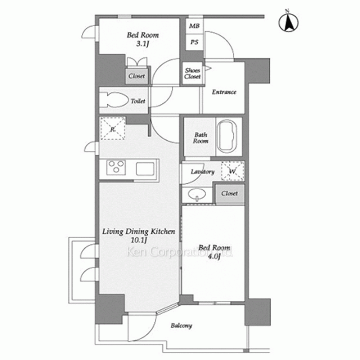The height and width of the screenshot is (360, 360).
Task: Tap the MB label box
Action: click(194, 26)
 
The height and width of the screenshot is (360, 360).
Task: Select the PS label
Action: click(194, 42)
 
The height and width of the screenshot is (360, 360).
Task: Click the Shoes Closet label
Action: click(192, 73)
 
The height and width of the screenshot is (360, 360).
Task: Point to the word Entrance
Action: click(224, 92)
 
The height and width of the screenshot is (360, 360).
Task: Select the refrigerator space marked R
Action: click(113, 129)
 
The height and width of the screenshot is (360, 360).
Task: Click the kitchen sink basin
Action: click(145, 169)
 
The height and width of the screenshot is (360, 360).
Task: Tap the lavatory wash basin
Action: click(197, 194)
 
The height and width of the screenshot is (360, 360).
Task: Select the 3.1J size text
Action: click(143, 44)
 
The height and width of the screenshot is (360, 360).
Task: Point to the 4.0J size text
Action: click(214, 256)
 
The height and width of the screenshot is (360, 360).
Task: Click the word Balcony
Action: click(181, 325)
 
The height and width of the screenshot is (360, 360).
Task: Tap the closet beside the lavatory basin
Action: click(230, 193)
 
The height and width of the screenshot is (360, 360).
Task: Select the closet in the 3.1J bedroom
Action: click(136, 76)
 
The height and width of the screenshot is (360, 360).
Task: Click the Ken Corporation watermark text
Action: click(180, 252)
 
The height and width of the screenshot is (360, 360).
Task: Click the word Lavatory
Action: click(202, 172)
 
